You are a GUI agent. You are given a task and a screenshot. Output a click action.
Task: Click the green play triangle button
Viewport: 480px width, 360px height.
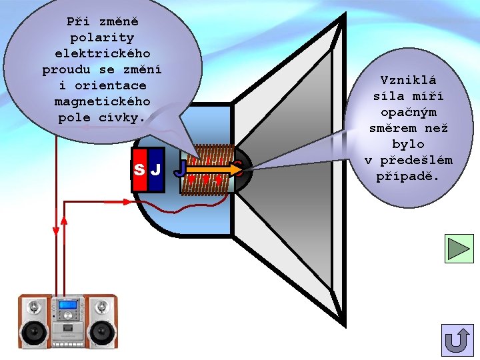tap(459, 248)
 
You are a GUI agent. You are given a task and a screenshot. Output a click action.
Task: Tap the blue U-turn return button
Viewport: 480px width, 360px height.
tap(457, 340)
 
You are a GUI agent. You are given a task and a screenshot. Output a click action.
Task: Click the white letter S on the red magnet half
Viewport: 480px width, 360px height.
tap(139, 169)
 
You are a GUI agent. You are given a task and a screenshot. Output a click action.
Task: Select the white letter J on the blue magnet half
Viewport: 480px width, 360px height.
tap(155, 169)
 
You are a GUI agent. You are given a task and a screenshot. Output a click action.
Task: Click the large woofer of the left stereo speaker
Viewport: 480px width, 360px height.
tap(33, 331)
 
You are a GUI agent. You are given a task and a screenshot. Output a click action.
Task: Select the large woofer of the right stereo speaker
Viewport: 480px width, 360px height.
tap(102, 331)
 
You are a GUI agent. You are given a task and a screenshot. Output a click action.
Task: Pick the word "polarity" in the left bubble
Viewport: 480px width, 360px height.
tap(102, 37)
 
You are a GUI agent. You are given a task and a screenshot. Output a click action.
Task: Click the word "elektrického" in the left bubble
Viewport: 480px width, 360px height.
tap(102, 53)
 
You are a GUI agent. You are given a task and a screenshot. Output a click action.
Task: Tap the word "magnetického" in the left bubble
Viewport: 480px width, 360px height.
tap(102, 102)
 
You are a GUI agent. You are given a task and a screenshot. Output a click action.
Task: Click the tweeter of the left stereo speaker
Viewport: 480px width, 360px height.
tap(33, 307)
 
